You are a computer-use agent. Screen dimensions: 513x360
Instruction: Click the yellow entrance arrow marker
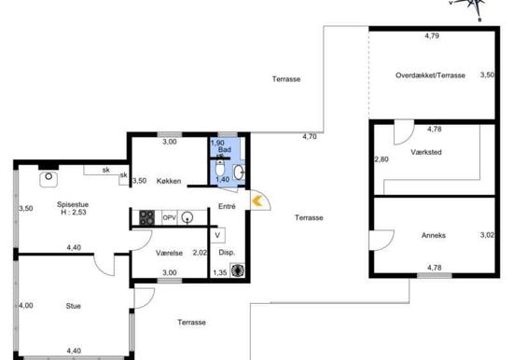click(257, 201)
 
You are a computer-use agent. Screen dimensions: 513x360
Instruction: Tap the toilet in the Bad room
click(220, 168)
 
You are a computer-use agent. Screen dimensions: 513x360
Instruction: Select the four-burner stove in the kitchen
click(146, 217)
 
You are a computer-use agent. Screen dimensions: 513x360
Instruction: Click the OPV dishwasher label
click(170, 217)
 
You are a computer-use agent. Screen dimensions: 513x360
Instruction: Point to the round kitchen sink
click(187, 217)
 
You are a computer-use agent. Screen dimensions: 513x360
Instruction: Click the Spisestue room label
click(73, 204)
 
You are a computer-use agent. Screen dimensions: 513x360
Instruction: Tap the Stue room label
click(74, 306)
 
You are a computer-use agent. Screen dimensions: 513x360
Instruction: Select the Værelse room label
click(169, 253)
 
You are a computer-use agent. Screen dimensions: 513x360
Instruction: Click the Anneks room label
click(434, 235)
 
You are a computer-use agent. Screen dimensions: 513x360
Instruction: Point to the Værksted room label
click(426, 152)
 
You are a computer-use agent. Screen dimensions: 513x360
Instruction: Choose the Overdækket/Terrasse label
click(430, 76)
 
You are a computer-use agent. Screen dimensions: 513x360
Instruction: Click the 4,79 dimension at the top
click(432, 36)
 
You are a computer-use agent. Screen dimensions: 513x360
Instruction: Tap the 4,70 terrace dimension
click(310, 137)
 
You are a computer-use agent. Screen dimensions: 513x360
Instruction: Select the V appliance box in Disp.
click(217, 235)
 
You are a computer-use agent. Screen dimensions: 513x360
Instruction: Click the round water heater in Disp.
click(238, 270)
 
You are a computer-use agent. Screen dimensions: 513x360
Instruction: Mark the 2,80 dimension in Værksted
click(381, 159)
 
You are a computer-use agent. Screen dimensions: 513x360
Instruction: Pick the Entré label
click(227, 206)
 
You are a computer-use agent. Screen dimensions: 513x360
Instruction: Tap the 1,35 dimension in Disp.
click(220, 272)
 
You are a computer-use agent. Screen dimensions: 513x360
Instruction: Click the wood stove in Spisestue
click(49, 179)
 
